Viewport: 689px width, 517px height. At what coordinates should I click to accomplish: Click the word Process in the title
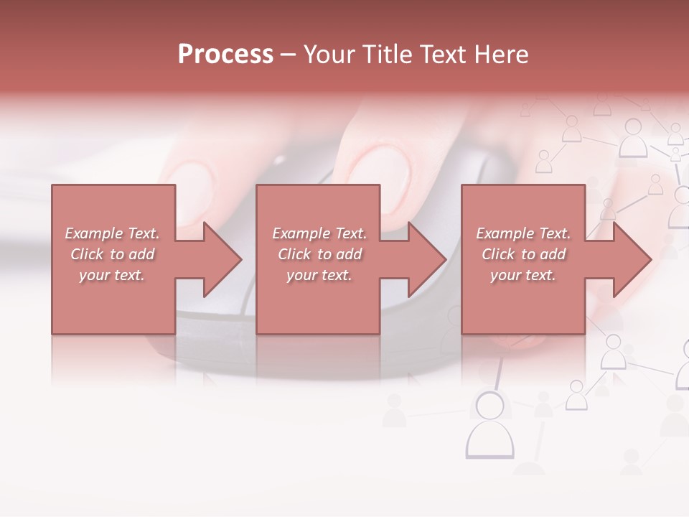[x=225, y=55]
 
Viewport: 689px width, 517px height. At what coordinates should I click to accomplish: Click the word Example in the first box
[x=93, y=233]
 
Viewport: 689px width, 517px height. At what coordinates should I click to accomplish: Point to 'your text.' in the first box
[x=112, y=275]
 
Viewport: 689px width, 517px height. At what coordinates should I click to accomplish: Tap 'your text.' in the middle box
[x=319, y=275]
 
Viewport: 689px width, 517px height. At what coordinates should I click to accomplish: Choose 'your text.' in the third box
[x=523, y=275]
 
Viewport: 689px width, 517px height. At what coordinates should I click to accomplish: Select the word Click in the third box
[x=498, y=254]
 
